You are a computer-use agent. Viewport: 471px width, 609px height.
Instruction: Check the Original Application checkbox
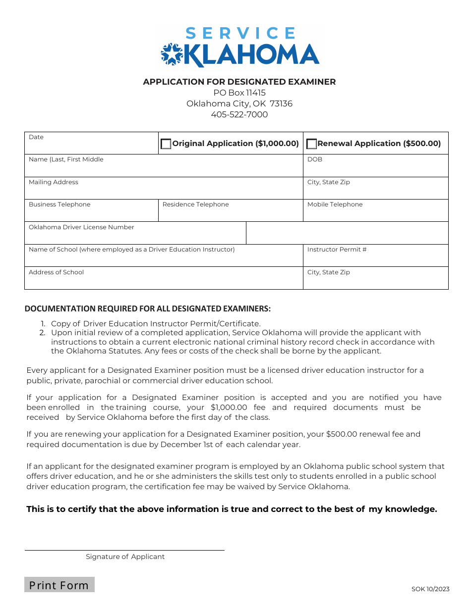tap(166, 144)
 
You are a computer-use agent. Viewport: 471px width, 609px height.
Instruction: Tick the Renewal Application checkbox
tap(312, 144)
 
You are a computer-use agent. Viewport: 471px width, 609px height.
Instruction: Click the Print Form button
tap(59, 585)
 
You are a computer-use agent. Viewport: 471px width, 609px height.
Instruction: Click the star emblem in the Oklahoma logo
tap(172, 54)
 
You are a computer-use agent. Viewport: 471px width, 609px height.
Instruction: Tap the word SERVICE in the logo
tap(240, 33)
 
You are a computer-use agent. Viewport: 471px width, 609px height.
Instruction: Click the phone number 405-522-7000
tap(239, 114)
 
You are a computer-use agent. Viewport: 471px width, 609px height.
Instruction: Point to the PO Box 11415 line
tap(239, 93)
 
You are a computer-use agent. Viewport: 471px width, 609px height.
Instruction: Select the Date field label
tap(36, 137)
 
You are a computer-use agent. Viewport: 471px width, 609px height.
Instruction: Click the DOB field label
tap(315, 159)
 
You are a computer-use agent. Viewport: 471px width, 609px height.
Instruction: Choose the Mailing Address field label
tap(54, 182)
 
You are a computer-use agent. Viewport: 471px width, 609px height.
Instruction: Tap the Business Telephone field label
tap(59, 204)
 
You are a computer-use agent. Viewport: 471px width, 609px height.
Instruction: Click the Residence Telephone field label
tap(195, 204)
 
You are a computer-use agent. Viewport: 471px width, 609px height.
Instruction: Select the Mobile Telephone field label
tap(335, 204)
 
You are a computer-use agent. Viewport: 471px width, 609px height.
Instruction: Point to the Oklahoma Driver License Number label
tap(81, 227)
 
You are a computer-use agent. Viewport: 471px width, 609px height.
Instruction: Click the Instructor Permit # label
tap(337, 250)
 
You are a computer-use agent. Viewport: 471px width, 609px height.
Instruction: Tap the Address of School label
tap(56, 272)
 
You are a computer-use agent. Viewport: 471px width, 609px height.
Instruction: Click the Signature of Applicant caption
tap(125, 557)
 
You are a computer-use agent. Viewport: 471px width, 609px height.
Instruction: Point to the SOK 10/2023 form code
tap(430, 589)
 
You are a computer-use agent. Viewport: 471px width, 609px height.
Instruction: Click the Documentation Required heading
tap(148, 308)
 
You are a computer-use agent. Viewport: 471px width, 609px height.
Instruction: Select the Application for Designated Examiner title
tap(239, 82)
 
